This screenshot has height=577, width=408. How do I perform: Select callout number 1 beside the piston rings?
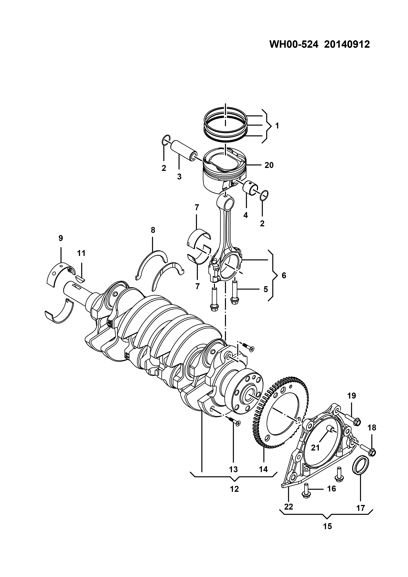tap(277, 126)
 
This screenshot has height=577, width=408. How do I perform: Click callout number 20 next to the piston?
tap(269, 165)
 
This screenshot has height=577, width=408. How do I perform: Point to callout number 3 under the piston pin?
tap(179, 177)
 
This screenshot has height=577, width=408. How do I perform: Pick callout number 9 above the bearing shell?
tap(61, 238)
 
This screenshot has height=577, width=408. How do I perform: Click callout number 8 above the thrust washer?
tap(153, 230)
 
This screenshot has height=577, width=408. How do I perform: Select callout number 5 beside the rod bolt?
tap(266, 289)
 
